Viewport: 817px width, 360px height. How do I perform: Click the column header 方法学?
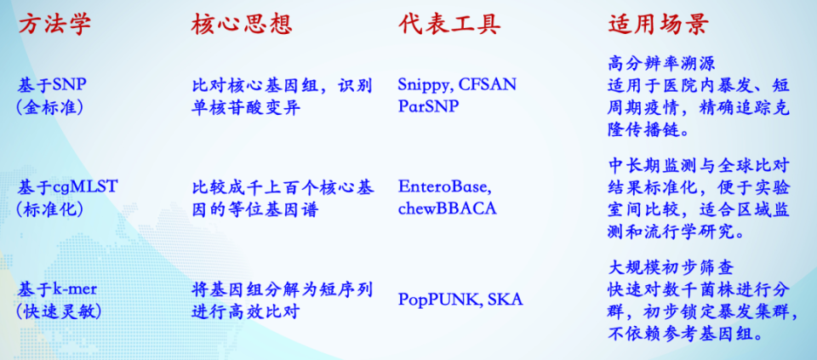point(54,25)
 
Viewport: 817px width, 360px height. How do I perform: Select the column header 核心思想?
point(241,25)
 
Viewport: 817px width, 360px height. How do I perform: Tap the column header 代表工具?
point(449,25)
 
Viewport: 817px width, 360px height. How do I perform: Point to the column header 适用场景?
point(659,25)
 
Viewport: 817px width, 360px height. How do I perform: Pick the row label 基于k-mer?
point(55,289)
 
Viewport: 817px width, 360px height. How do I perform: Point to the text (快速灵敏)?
point(59,311)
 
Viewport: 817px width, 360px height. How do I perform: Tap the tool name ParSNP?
point(428,106)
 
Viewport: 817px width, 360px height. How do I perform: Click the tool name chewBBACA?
point(448,209)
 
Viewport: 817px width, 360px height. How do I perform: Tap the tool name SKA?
point(505,300)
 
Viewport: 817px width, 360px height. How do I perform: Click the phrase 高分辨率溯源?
point(661,64)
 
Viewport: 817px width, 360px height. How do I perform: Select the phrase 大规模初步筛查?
point(671,268)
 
